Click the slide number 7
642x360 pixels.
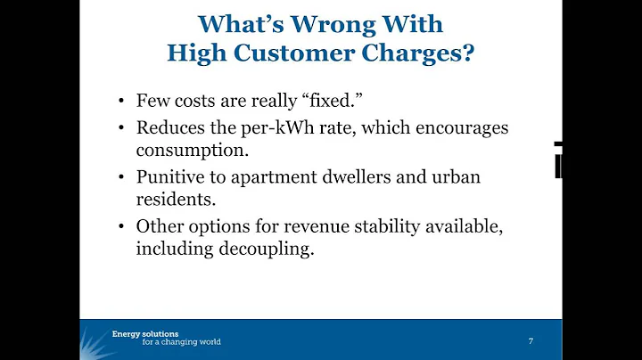(x=531, y=341)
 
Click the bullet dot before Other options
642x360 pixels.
(x=120, y=227)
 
